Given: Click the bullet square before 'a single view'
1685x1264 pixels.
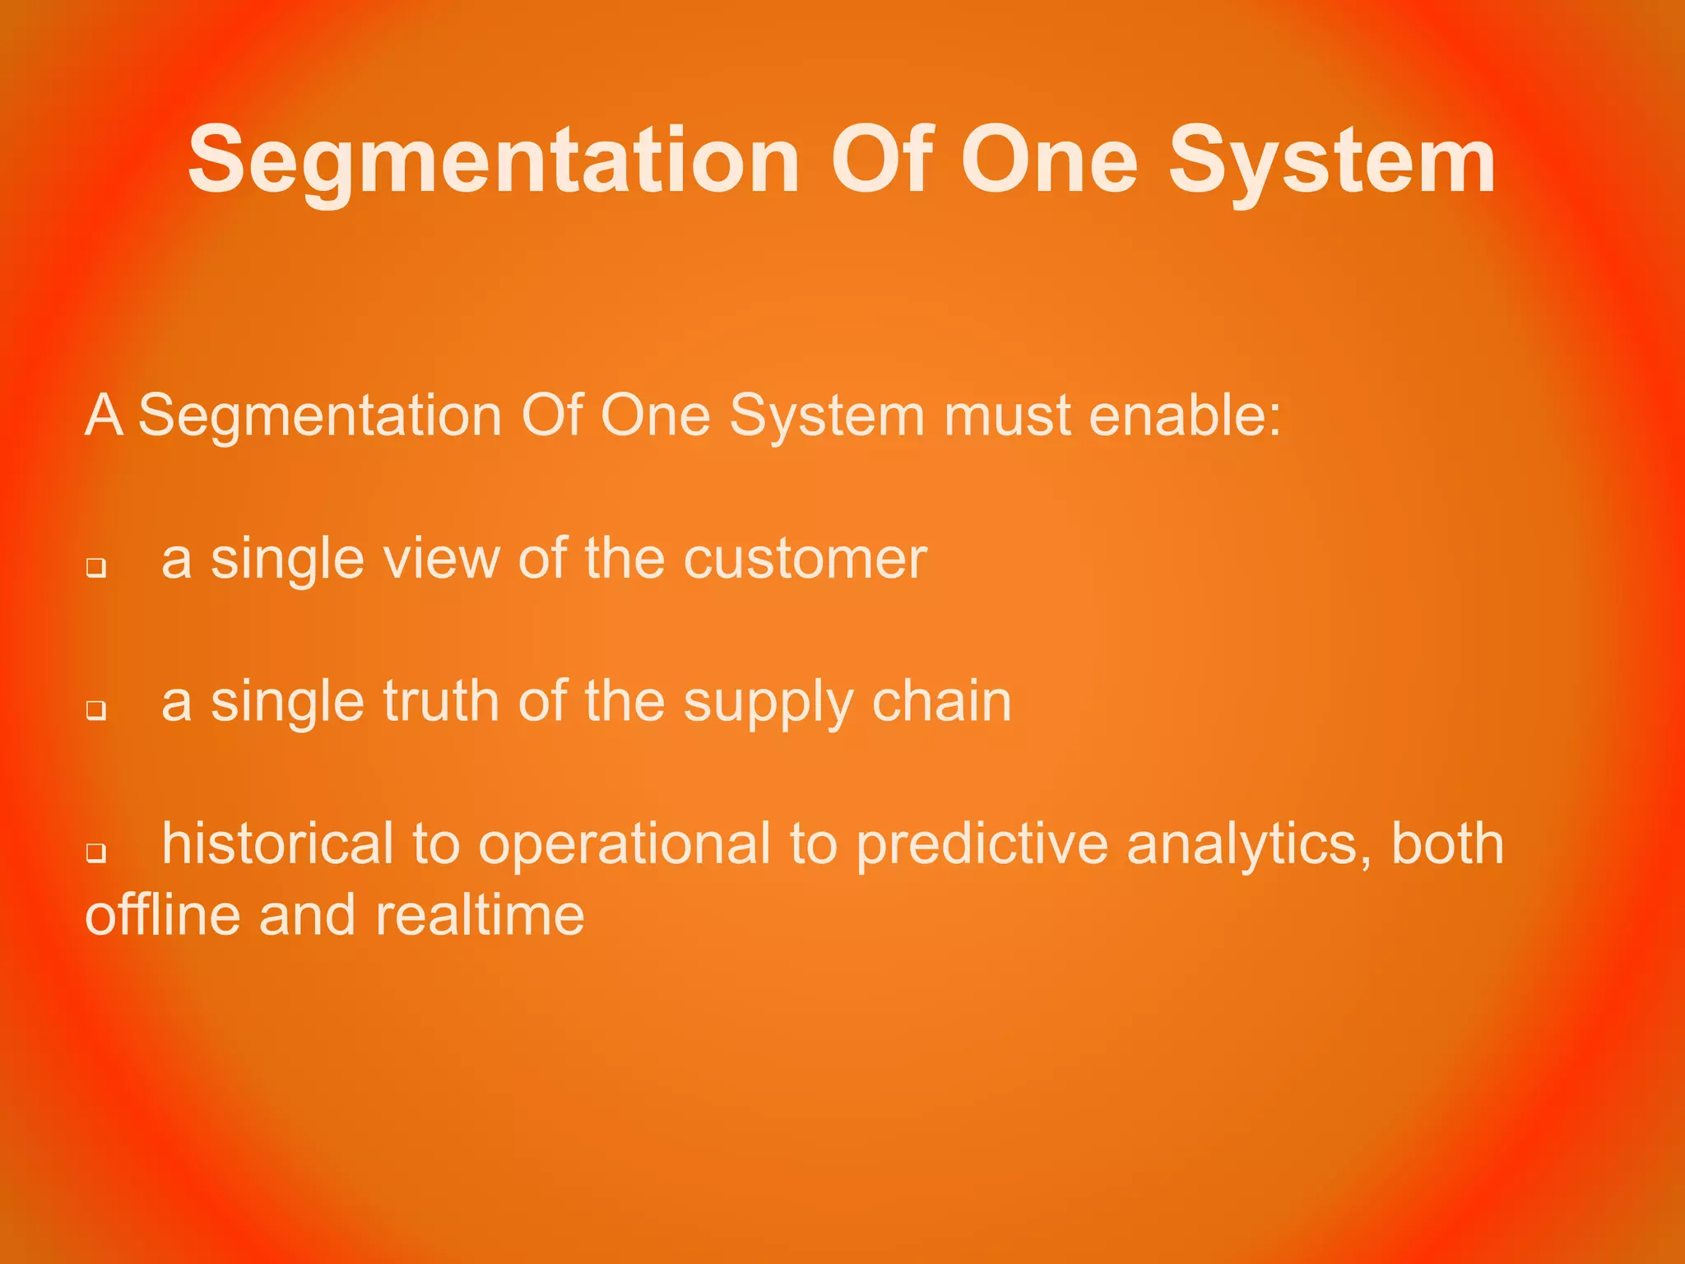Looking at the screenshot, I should click(96, 568).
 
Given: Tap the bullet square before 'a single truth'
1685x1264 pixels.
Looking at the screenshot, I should click(96, 710).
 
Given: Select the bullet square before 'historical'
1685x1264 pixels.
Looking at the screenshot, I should click(96, 853).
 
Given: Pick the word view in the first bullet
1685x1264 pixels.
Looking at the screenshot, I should click(440, 560).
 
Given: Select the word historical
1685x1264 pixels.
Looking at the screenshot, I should click(277, 843).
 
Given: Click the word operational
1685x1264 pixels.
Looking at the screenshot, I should click(624, 845).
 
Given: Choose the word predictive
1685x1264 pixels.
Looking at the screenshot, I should click(982, 845).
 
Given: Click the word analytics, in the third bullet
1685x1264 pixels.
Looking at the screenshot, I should click(1249, 845).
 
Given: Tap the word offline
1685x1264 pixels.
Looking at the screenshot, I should click(163, 915).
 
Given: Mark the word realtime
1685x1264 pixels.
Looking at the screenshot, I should click(480, 915).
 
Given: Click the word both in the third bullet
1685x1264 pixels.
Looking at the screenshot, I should click(1447, 843).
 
